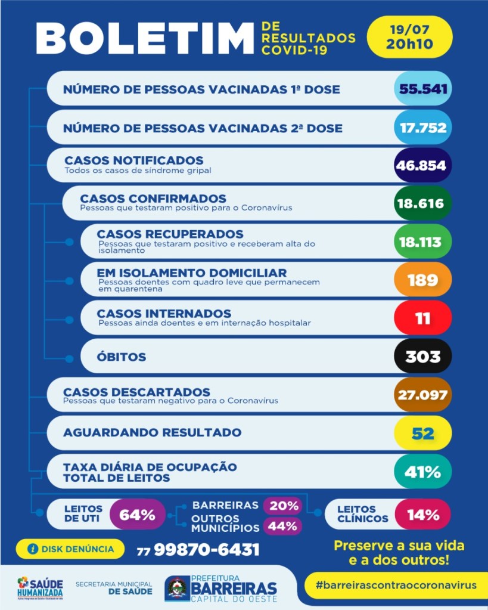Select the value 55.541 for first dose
(422, 89)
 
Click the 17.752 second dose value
(422, 127)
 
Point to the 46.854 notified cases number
(422, 165)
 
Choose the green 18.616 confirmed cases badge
(422, 203)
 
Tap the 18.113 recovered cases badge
(422, 241)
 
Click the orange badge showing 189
(422, 279)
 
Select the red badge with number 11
(422, 317)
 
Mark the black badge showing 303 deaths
(422, 356)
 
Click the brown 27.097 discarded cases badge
(422, 394)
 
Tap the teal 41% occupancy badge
(422, 472)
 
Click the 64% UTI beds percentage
(138, 515)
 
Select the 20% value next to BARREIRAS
(284, 506)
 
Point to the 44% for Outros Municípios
(282, 526)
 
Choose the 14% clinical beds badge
(423, 515)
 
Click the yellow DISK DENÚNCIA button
(70, 548)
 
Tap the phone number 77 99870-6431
(198, 549)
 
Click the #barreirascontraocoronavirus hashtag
(396, 584)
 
